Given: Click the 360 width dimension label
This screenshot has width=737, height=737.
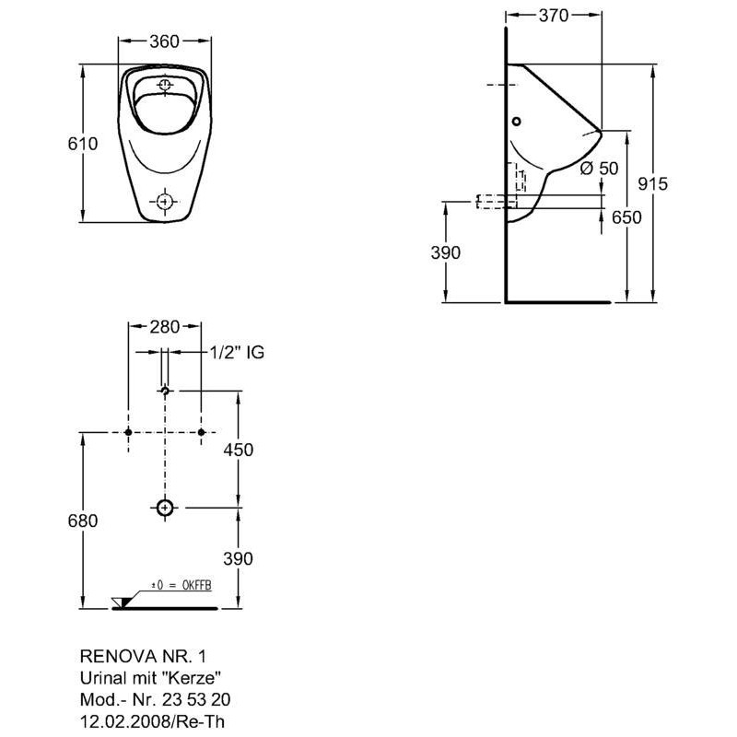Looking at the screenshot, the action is tap(165, 41).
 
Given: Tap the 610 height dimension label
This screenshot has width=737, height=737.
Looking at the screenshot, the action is tap(83, 144).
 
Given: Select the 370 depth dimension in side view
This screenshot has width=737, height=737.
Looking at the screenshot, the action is tap(554, 16).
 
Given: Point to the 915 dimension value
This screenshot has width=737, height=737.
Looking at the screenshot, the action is tap(653, 183).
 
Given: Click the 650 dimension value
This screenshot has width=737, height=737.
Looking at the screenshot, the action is tap(626, 217).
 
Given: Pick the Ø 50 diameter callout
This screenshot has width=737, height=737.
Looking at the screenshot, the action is tap(600, 168).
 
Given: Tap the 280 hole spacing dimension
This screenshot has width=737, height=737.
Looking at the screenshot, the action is tap(165, 327).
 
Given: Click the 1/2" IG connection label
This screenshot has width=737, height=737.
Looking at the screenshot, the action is tap(237, 352).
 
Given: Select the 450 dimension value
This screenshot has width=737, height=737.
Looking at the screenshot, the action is tap(239, 450).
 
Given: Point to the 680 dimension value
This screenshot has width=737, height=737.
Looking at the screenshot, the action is tap(83, 521).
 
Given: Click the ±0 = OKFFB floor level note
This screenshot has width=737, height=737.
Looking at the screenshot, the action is tap(181, 585).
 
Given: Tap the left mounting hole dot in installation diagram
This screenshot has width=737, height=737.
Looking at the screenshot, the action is tap(128, 432).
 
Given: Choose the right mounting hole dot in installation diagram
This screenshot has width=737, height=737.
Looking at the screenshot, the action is tap(202, 432).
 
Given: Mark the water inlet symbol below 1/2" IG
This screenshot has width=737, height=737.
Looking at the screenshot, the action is tap(165, 391).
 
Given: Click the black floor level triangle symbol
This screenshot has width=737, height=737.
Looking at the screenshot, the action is tap(125, 602).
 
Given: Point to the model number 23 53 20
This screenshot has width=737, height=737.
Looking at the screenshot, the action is tap(196, 699).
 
